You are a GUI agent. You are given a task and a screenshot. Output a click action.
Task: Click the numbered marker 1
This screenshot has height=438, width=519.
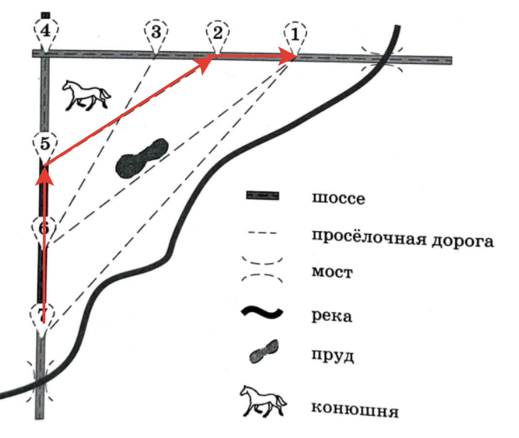[295, 34]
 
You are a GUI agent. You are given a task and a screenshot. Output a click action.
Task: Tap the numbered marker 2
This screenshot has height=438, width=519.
[218, 33]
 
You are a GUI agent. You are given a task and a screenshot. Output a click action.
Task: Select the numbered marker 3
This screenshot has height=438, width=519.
[155, 33]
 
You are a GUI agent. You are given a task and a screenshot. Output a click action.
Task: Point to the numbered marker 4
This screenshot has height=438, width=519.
[45, 31]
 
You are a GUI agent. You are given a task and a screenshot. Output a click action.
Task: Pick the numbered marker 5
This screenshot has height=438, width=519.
[45, 145]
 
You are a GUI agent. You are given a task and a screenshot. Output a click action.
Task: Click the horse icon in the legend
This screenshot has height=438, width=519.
[263, 403]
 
